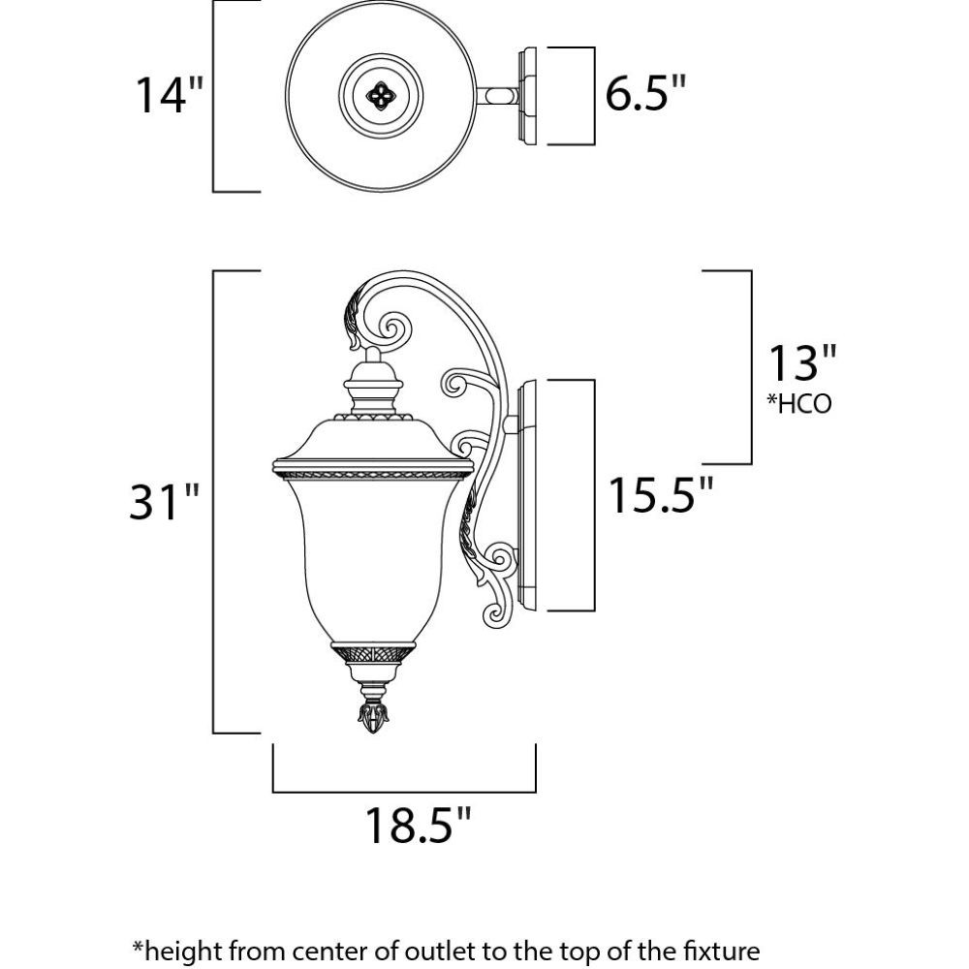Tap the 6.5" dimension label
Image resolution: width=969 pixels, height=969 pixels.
[x=645, y=93]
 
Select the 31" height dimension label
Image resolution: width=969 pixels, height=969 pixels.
[x=164, y=501]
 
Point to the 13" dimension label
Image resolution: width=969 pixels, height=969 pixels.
[x=801, y=363]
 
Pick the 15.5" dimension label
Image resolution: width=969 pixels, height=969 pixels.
[x=661, y=494]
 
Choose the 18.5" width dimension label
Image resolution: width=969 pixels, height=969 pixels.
[x=419, y=825]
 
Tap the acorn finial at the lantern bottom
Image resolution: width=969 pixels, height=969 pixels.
[x=374, y=716]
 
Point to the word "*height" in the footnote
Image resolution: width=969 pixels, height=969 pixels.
[x=172, y=950]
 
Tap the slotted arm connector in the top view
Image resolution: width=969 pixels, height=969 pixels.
[x=497, y=96]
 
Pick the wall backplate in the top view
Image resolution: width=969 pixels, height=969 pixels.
[x=527, y=96]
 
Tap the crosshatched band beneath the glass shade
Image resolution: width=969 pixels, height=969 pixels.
[x=373, y=653]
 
